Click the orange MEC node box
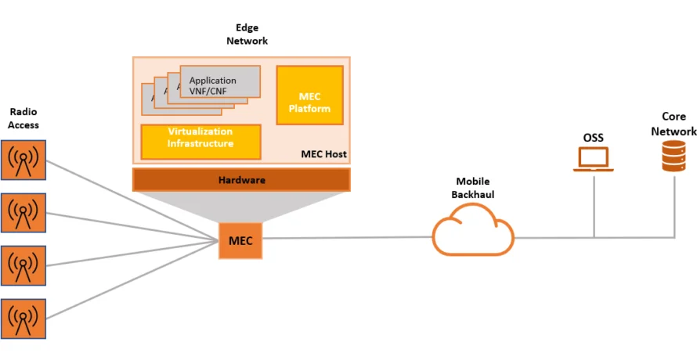[x=240, y=240]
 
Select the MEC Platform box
[x=309, y=95]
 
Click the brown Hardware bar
[x=241, y=180]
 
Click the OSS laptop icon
[x=593, y=158]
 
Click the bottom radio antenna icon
[x=23, y=317]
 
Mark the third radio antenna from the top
[x=23, y=265]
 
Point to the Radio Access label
[x=23, y=118]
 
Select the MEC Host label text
[x=323, y=154]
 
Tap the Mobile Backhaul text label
[x=472, y=188]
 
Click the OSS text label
[x=593, y=138]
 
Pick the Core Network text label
[x=674, y=124]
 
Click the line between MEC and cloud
[x=348, y=238]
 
